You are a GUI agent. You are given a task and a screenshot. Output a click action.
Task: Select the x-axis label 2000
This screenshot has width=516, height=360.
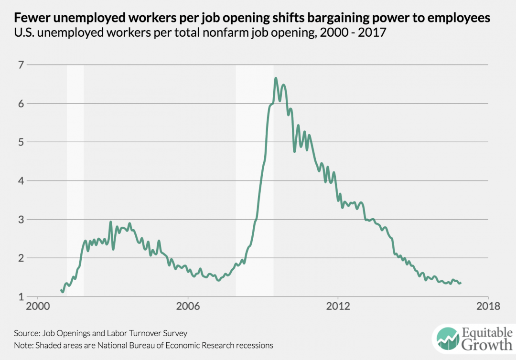37,307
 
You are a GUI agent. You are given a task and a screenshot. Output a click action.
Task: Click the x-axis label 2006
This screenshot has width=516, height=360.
188,307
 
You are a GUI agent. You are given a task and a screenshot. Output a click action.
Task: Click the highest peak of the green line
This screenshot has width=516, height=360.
276,78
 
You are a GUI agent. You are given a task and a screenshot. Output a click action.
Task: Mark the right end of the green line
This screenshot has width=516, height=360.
461,283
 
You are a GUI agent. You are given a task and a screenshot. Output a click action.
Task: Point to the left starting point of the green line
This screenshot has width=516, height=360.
61,290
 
